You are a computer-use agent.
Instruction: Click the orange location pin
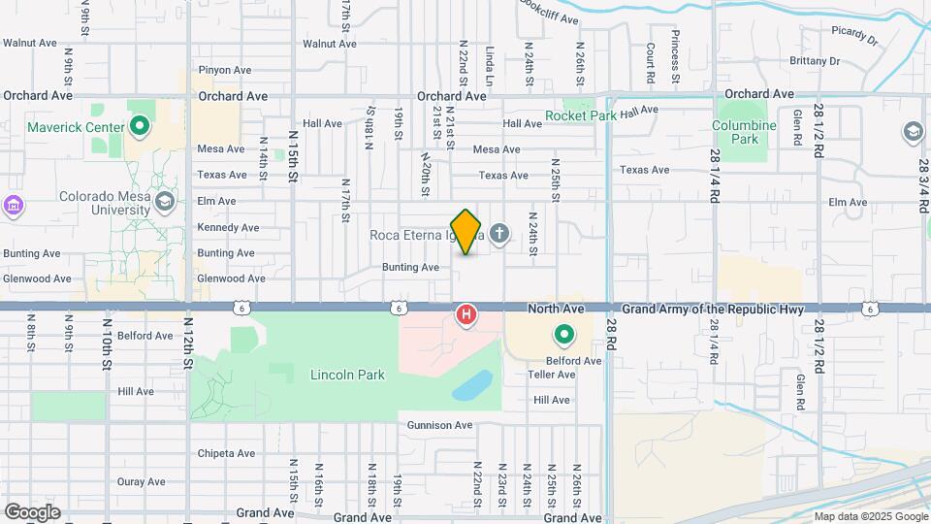click(465, 232)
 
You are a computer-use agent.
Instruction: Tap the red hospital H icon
click(466, 314)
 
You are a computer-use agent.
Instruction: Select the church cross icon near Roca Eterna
click(499, 234)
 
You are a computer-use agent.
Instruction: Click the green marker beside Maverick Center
click(140, 126)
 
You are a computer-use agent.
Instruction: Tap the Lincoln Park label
click(347, 375)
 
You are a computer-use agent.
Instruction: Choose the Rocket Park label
click(581, 115)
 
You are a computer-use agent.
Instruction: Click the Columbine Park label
click(744, 132)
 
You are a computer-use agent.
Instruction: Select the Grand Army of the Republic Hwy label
click(712, 309)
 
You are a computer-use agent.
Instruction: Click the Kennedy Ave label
click(228, 227)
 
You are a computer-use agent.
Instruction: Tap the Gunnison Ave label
click(439, 425)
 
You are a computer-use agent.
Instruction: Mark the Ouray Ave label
click(143, 480)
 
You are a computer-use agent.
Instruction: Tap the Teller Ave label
click(552, 375)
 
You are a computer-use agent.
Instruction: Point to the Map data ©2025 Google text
click(869, 516)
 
